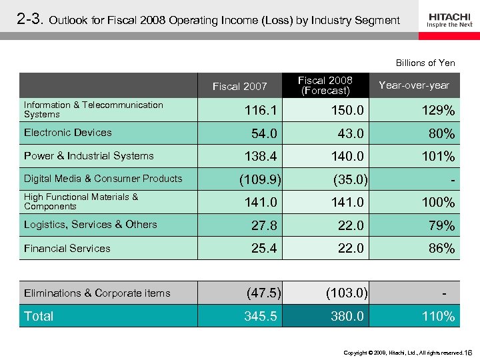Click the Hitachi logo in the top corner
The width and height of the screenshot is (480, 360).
point(450,19)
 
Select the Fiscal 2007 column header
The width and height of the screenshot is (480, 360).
point(239,86)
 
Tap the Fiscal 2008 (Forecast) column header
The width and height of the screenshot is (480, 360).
point(325,85)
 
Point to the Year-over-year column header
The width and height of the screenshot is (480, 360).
point(413,85)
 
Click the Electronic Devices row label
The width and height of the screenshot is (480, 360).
point(68,133)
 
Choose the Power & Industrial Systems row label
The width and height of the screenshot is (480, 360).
point(89,156)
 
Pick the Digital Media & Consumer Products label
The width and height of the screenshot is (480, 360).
point(103,179)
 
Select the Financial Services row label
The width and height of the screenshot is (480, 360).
point(67,249)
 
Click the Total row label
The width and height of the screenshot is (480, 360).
point(39,316)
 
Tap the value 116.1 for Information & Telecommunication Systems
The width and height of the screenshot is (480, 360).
point(264,110)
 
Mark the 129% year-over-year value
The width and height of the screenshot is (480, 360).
point(438,110)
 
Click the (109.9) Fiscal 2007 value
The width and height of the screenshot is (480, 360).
point(260,179)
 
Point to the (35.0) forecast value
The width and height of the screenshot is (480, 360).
point(347,179)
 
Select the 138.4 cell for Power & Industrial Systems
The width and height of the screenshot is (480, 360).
point(264,157)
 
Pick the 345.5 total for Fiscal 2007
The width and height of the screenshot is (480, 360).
point(261,317)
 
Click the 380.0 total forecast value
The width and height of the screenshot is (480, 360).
point(347,317)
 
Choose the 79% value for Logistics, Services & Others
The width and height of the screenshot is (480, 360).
point(441,226)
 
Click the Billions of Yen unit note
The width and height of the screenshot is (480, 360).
point(425,63)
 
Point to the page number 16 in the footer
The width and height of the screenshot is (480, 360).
point(468,351)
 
